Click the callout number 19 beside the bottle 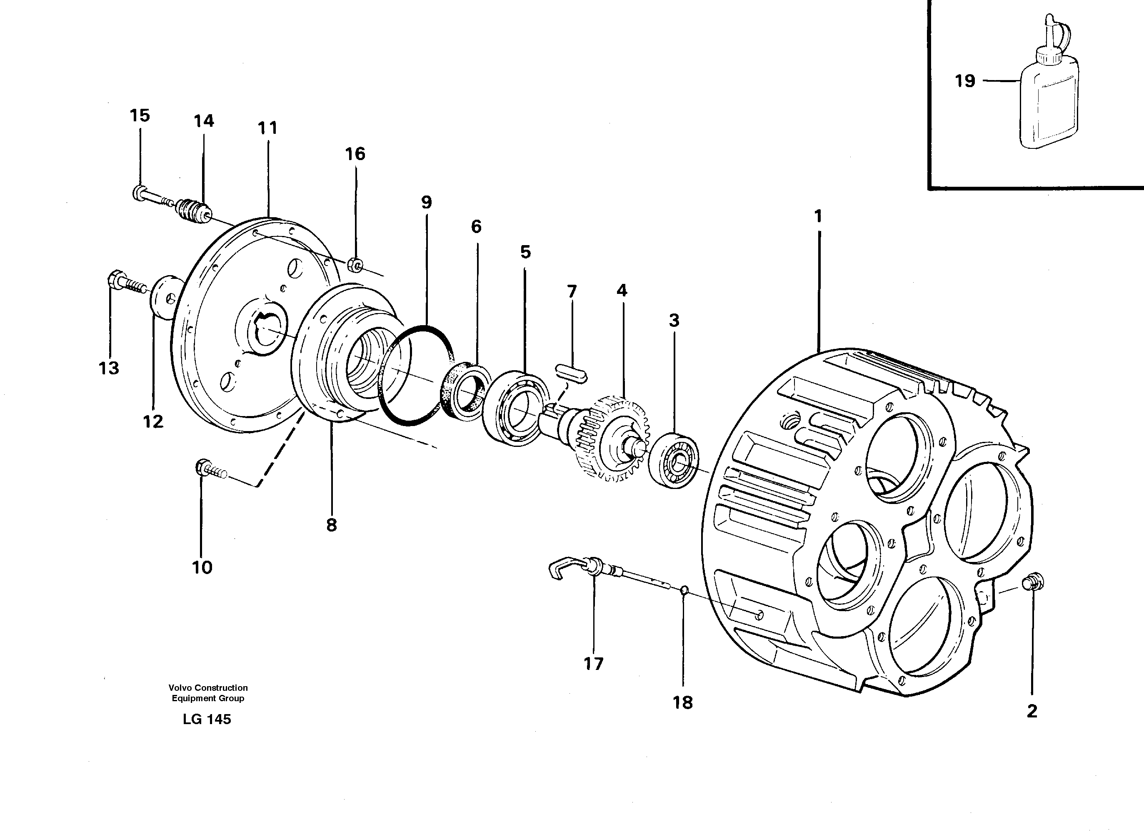(x=964, y=81)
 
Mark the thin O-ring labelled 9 (x=416, y=374)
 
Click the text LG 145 (x=207, y=719)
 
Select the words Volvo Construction (x=208, y=687)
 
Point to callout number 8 (x=331, y=525)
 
